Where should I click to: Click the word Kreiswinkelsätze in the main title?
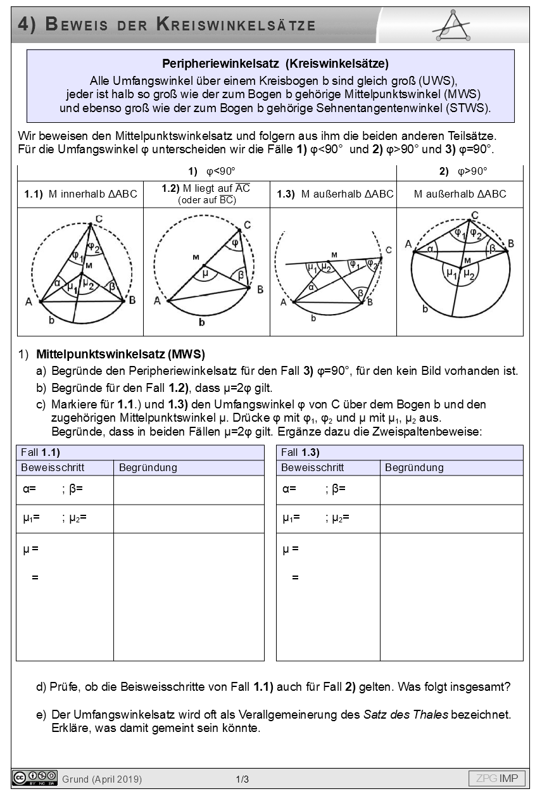pyautogui.click(x=236, y=25)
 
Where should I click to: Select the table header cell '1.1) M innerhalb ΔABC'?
pyautogui.click(x=80, y=194)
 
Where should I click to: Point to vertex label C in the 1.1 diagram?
pyautogui.click(x=99, y=219)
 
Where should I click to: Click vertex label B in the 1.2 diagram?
pyautogui.click(x=259, y=289)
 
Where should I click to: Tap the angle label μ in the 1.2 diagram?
pyautogui.click(x=205, y=274)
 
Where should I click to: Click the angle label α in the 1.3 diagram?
pyautogui.click(x=311, y=287)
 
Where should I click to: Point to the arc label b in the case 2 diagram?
pyautogui.click(x=425, y=309)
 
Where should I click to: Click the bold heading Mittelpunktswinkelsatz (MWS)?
pyautogui.click(x=120, y=354)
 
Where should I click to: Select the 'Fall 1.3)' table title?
pyautogui.click(x=300, y=452)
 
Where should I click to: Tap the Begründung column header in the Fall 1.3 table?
pyautogui.click(x=414, y=468)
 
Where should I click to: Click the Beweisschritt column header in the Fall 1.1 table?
pyautogui.click(x=53, y=468)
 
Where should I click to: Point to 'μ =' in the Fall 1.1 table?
pyautogui.click(x=30, y=549)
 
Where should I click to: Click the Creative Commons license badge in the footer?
pyautogui.click(x=35, y=778)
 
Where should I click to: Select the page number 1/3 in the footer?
pyautogui.click(x=242, y=779)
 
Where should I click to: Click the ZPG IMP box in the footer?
pyautogui.click(x=496, y=778)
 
